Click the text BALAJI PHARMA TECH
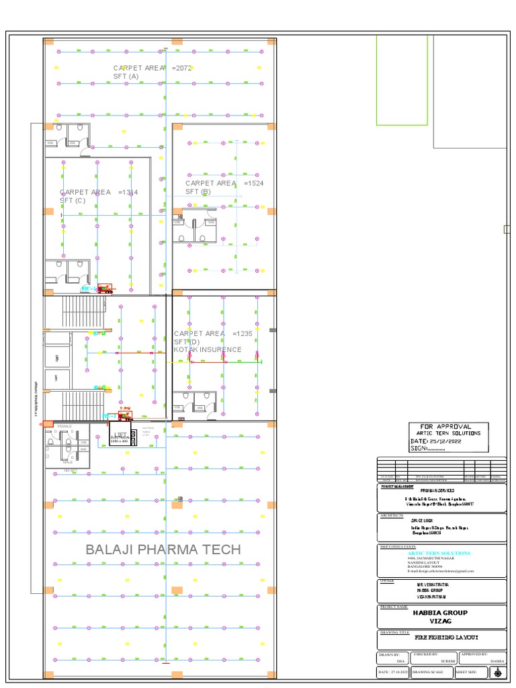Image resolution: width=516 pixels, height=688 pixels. [x=163, y=550]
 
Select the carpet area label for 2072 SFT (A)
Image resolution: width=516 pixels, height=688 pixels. [x=154, y=72]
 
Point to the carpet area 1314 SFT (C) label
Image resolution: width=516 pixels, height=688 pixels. [x=99, y=196]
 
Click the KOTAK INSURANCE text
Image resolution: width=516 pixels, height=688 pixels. [x=208, y=350]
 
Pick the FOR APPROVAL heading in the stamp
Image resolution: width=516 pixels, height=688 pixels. [x=445, y=427]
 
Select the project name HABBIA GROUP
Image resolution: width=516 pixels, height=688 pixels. [x=440, y=613]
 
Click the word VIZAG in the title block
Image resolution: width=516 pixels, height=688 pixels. [x=440, y=622]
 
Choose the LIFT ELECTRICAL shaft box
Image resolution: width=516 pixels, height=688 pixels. [x=121, y=437]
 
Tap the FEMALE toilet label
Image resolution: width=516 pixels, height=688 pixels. [x=64, y=427]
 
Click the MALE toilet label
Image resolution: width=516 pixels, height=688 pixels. [x=67, y=462]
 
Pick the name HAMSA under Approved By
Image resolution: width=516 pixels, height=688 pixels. [x=497, y=661]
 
